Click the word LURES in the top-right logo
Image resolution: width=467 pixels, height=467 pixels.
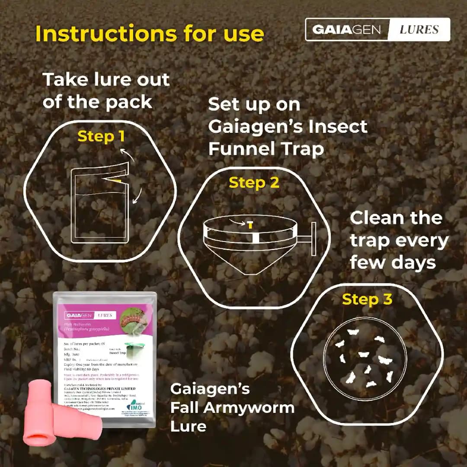[419, 29]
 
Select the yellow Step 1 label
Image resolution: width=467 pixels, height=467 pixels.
[101, 136]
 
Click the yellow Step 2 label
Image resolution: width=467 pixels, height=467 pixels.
[254, 183]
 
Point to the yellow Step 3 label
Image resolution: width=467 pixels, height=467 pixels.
[367, 299]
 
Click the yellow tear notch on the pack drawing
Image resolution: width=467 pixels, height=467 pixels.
[118, 179]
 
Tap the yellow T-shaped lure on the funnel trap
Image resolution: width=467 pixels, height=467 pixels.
[249, 224]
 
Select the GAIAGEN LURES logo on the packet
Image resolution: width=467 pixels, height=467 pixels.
[90, 315]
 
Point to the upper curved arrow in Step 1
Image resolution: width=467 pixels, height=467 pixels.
[128, 154]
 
